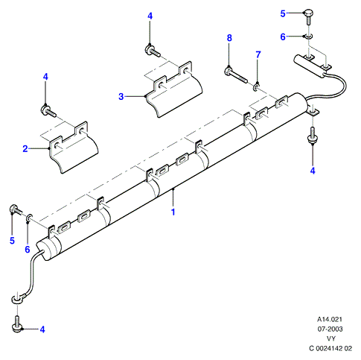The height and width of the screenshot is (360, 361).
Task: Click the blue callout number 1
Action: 173,212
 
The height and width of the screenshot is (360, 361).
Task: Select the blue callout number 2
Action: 25,149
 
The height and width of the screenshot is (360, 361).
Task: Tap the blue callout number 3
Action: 121,96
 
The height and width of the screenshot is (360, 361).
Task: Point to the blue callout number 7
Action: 258,54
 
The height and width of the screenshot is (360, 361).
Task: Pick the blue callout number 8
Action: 229,38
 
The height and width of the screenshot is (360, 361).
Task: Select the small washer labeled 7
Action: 257,87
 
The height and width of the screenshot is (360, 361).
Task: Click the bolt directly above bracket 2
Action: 48,110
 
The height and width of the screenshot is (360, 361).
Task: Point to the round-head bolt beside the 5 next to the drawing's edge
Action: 308,16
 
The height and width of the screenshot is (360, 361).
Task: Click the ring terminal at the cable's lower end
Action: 18,298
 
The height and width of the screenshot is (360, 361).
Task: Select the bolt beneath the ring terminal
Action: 17,324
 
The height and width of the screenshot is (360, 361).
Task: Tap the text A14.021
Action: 330,319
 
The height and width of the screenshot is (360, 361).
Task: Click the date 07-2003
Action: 330,329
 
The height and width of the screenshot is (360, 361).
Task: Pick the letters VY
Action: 331,338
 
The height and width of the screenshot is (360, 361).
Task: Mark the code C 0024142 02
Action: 330,348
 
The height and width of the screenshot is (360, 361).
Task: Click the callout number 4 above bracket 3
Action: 150,16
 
